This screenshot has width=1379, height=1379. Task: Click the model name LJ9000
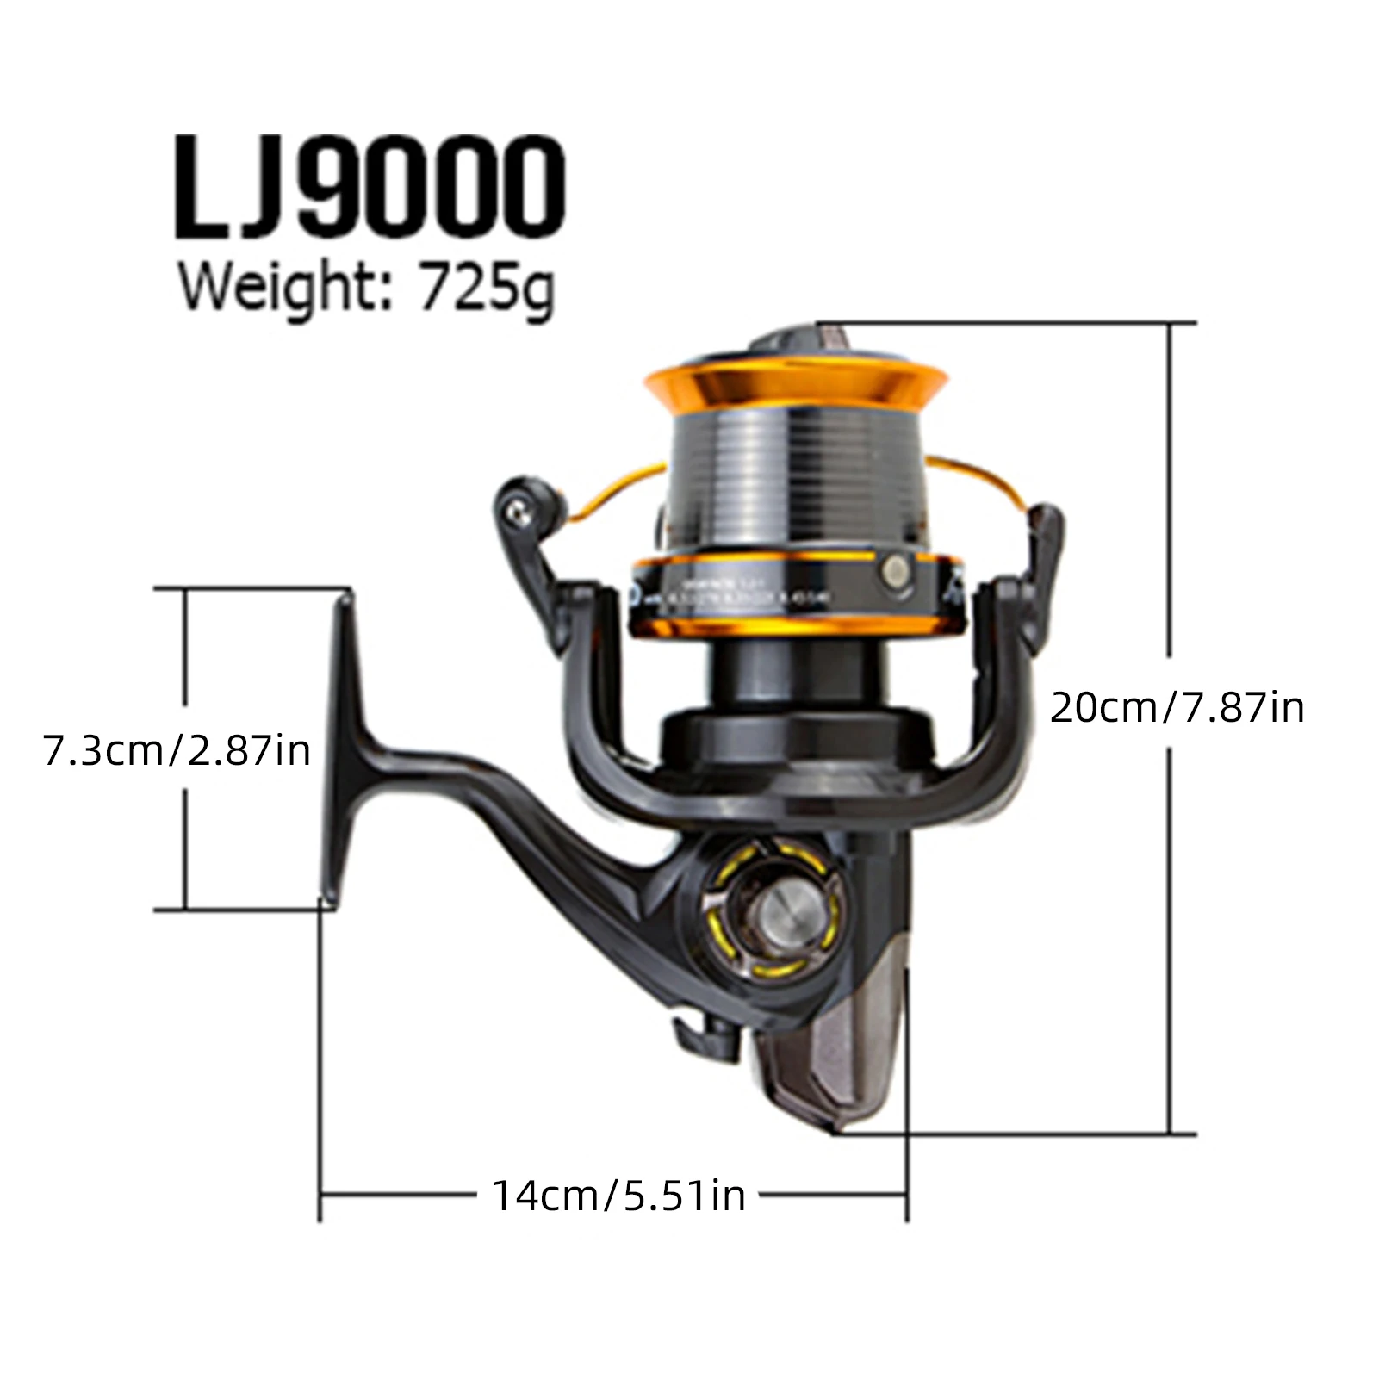point(370,187)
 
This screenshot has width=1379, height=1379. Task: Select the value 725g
point(487,289)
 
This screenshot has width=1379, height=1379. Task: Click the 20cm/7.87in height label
point(1177,708)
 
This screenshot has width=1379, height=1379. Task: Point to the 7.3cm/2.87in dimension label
point(177,750)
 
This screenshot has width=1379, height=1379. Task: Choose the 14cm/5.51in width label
point(618,1196)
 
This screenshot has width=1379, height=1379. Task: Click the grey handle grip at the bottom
point(831,1059)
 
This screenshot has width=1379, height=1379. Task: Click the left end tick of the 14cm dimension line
point(320,1196)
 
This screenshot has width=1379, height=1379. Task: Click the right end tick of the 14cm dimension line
point(907,1196)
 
